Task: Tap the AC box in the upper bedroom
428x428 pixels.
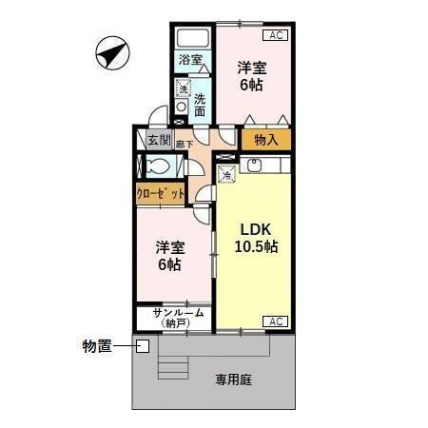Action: (x=275, y=35)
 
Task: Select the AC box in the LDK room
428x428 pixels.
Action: (x=275, y=321)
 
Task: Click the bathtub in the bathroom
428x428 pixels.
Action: (x=193, y=37)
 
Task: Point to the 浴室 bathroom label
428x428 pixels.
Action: (x=190, y=60)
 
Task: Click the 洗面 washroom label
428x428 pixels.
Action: (x=200, y=104)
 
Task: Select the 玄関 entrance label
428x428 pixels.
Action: (x=159, y=141)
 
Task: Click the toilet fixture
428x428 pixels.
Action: (x=159, y=166)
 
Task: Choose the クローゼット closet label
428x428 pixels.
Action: (x=159, y=193)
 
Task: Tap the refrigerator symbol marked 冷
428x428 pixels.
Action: (x=227, y=174)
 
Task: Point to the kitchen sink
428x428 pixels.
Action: (x=255, y=165)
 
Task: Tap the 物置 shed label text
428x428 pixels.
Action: (x=97, y=345)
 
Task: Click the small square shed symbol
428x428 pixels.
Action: (x=142, y=345)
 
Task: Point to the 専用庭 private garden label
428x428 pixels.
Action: (x=232, y=379)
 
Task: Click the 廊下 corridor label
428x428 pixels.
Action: (x=184, y=145)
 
